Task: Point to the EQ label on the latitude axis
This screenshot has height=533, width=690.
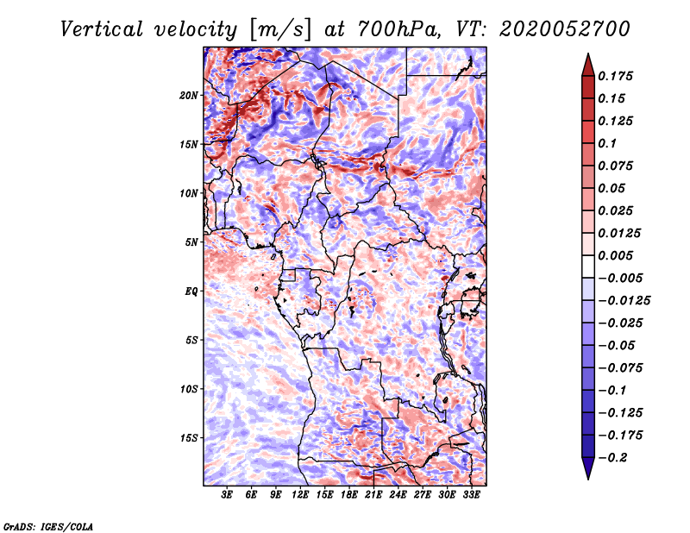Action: [191, 291]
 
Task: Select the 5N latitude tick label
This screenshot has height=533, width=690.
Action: [191, 241]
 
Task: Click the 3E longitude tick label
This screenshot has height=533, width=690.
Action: [228, 496]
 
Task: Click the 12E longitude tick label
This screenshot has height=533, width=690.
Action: [301, 496]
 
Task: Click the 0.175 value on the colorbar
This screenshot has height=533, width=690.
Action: [618, 76]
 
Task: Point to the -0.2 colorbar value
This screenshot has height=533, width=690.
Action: [618, 458]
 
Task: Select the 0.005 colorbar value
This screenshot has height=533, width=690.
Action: [618, 255]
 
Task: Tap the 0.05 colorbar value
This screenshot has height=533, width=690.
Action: [613, 188]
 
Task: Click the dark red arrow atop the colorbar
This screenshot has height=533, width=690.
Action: [587, 63]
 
